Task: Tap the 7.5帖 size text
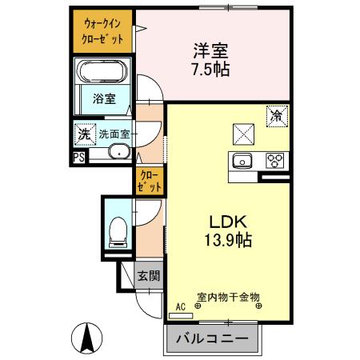(x=211, y=69)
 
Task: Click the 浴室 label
(x=103, y=100)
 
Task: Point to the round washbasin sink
(x=119, y=152)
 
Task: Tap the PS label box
(x=79, y=158)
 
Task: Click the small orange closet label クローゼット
(x=150, y=180)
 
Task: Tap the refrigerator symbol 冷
(x=275, y=116)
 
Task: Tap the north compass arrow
(x=90, y=338)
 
